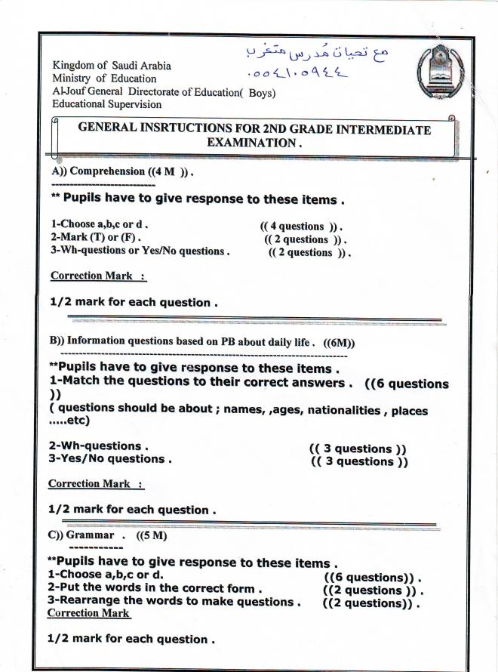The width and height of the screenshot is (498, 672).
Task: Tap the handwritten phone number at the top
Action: tap(297, 74)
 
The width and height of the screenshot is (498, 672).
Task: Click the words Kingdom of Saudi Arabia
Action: tap(112, 65)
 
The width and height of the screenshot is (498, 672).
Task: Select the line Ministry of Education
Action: tap(104, 78)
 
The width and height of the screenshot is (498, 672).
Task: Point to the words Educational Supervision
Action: tap(106, 104)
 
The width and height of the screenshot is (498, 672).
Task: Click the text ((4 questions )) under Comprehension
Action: tap(301, 226)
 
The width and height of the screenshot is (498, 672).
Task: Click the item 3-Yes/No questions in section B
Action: tap(110, 458)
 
